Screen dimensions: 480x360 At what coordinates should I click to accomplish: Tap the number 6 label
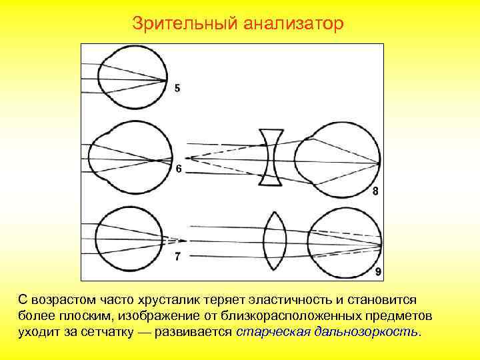click(x=179, y=169)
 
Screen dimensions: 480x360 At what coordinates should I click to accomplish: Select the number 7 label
click(x=177, y=257)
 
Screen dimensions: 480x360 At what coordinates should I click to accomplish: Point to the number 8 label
click(x=375, y=191)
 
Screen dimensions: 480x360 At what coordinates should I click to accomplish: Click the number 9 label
click(x=378, y=271)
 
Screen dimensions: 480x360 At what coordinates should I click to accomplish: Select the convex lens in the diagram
click(x=275, y=241)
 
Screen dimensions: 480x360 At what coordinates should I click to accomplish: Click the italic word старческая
click(x=271, y=331)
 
